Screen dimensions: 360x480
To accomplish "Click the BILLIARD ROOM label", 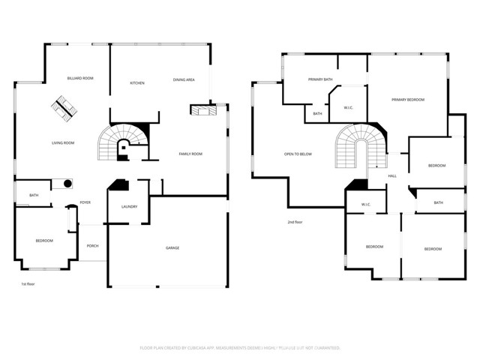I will pyautogui.click(x=79, y=78).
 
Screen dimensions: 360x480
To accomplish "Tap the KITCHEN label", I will pyautogui.click(x=137, y=82).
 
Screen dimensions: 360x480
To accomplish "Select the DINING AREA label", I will pyautogui.click(x=184, y=79).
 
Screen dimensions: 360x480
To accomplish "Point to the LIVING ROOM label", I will pyautogui.click(x=62, y=142).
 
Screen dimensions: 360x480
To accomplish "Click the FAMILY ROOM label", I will pyautogui.click(x=190, y=154).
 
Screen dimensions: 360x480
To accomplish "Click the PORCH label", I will pyautogui.click(x=92, y=246).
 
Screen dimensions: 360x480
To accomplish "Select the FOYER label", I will pyautogui.click(x=85, y=203).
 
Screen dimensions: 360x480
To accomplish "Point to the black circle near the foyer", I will pyautogui.click(x=67, y=184).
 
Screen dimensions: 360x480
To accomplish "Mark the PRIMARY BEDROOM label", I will pyautogui.click(x=407, y=100).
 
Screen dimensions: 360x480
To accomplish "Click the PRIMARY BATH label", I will pyautogui.click(x=320, y=79).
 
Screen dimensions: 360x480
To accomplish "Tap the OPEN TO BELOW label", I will pyautogui.click(x=298, y=154).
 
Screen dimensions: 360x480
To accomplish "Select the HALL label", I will pyautogui.click(x=392, y=176).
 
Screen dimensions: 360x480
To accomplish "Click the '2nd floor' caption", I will pyautogui.click(x=295, y=222).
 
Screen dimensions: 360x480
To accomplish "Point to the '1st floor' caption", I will pyautogui.click(x=28, y=284).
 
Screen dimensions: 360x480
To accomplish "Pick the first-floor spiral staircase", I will pyautogui.click(x=118, y=142).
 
